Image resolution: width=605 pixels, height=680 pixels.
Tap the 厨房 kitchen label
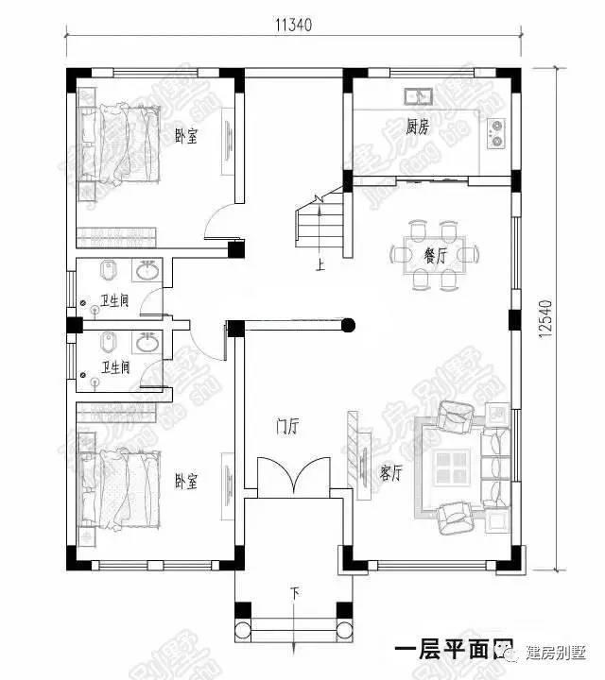417,127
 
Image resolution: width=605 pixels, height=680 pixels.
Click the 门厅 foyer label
287,427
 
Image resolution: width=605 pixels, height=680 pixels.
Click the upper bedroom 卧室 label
186,137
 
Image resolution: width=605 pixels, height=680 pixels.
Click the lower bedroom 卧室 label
186,482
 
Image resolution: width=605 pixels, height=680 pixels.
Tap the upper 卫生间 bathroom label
120,301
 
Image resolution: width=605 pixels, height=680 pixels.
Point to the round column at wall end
348,327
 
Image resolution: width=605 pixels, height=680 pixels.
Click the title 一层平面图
440,653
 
